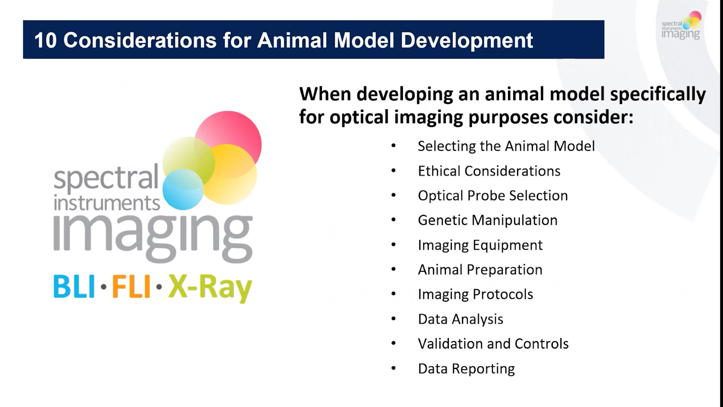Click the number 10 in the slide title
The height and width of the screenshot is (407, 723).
[45, 40]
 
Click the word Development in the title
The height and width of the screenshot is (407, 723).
[467, 40]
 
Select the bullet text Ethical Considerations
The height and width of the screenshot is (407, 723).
[489, 171]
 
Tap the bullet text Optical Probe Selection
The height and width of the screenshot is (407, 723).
[493, 196]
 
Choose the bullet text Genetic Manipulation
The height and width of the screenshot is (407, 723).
[487, 220]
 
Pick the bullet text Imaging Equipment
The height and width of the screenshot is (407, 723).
[480, 245]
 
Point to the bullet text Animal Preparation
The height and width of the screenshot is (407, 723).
[480, 270]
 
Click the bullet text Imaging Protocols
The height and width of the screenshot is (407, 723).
[475, 294]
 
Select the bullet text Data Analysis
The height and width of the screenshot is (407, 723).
[460, 319]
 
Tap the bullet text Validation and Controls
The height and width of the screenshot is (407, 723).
[493, 344]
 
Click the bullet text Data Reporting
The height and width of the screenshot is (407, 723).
[466, 369]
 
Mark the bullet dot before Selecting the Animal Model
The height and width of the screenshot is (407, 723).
[394, 146]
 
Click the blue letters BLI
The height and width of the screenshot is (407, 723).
[74, 287]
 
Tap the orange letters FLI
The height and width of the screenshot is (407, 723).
[131, 287]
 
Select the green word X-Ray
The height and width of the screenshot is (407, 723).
[210, 288]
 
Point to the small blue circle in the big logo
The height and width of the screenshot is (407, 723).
[183, 190]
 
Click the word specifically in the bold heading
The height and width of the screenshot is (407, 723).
[657, 94]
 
